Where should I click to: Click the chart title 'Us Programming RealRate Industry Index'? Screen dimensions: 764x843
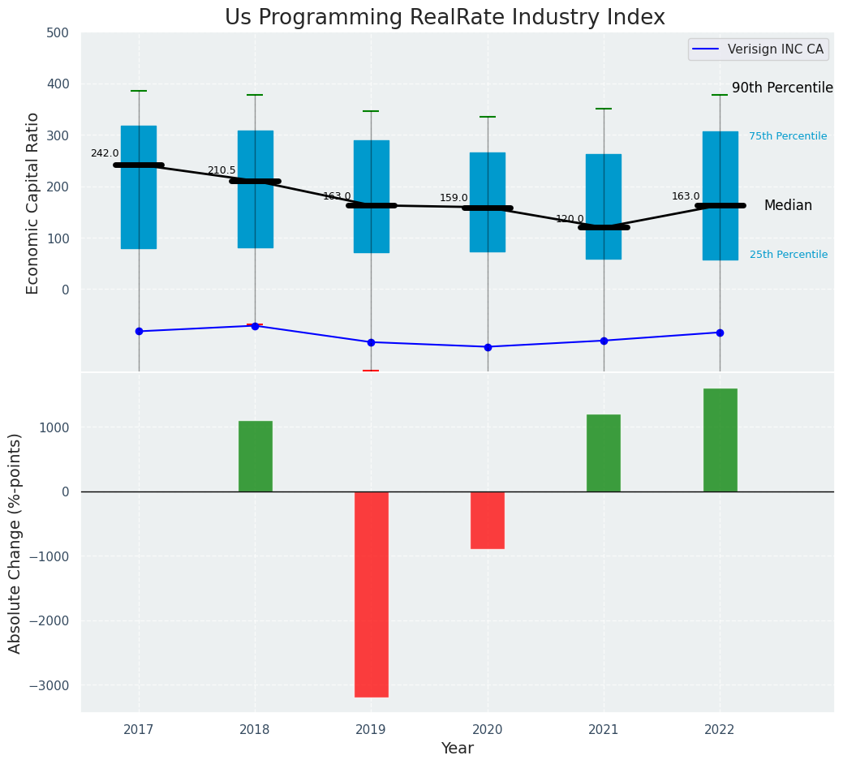tap(445, 18)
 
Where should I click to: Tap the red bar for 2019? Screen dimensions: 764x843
tap(372, 594)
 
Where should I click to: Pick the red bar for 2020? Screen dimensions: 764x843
tap(488, 520)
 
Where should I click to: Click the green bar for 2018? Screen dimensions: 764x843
tap(255, 456)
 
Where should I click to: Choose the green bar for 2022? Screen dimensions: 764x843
tap(720, 440)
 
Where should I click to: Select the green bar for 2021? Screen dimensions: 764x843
tap(604, 453)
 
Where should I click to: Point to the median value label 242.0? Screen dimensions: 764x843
tap(105, 153)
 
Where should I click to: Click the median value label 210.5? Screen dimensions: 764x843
tap(222, 170)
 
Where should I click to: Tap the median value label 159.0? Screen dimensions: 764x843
tap(454, 198)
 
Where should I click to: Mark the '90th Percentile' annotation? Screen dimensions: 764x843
tap(782, 88)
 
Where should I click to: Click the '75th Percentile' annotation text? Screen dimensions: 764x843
tap(788, 136)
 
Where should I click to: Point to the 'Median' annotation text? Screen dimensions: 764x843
tap(788, 206)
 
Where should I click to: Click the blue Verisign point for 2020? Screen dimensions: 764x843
tap(488, 347)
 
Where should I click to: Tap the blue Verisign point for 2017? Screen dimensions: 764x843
tap(139, 331)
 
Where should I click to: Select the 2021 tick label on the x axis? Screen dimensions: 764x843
tap(604, 730)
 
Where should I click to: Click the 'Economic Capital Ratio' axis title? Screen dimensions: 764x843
tap(33, 204)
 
